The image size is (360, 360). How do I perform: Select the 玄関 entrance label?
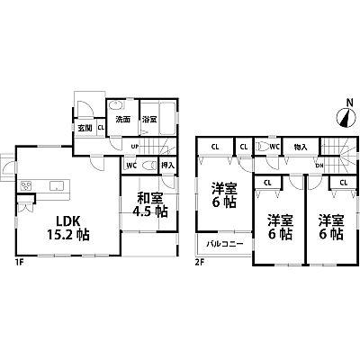[85, 127]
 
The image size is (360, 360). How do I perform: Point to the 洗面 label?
[122, 119]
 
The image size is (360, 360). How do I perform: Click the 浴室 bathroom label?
[150, 119]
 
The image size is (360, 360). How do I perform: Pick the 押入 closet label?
[166, 166]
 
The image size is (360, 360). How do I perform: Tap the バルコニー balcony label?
[220, 243]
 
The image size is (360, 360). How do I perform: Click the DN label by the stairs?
[319, 165]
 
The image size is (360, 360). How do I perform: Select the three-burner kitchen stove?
[27, 186]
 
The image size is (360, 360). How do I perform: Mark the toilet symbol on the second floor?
[262, 147]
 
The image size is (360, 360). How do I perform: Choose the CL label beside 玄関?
[101, 127]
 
